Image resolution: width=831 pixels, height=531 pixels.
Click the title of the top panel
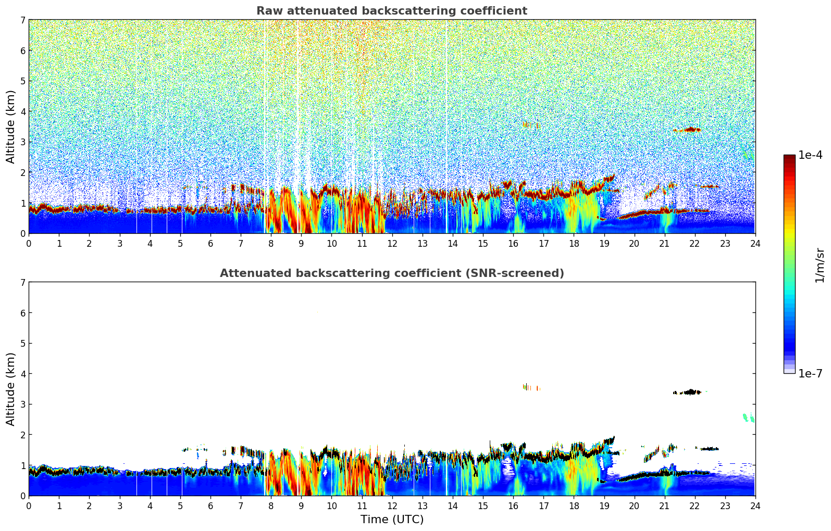391,11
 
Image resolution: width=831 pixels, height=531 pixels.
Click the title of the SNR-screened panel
391,273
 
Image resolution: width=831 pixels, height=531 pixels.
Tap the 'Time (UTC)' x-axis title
392,519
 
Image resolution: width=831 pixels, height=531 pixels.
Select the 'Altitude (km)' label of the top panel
10,127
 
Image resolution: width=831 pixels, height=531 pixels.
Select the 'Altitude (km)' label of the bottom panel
10,389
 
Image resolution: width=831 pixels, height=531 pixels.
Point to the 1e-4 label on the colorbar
810,155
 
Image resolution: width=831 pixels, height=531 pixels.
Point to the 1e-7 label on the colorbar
810,373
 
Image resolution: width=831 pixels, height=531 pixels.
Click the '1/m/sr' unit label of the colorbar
820,265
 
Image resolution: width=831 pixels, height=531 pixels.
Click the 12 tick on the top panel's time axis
392,243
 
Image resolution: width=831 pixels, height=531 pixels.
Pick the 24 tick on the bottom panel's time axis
755,505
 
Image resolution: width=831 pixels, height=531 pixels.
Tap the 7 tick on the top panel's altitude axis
22,20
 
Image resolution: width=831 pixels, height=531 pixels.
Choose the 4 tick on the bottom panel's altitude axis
22,374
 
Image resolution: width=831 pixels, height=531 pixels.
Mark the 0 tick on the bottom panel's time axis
29,505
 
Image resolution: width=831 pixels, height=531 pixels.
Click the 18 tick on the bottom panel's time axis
574,505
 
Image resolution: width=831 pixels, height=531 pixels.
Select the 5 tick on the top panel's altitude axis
22,81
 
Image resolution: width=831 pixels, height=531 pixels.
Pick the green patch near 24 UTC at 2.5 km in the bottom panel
748,418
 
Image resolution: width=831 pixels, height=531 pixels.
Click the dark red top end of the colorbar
789,158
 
